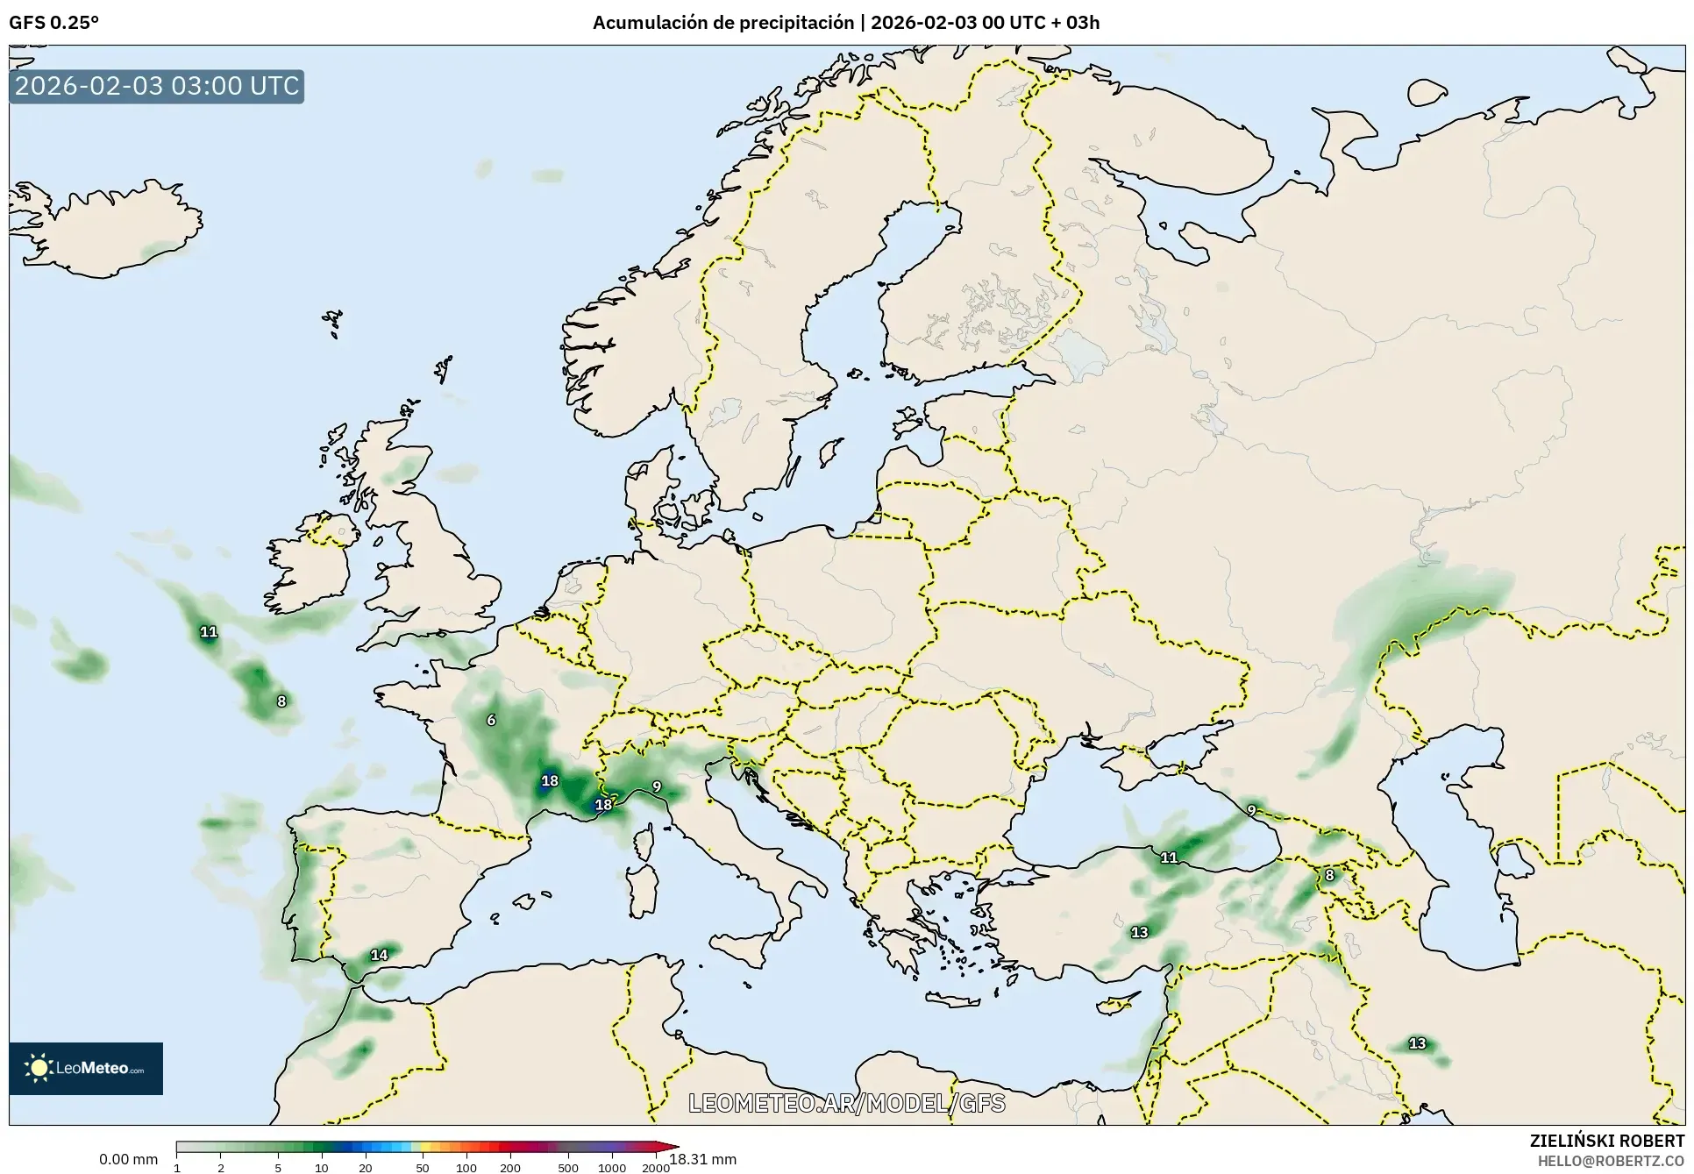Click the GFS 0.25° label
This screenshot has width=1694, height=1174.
click(53, 23)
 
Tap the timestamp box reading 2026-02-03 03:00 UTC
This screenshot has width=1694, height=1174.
click(157, 86)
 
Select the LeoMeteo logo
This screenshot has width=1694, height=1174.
click(86, 1068)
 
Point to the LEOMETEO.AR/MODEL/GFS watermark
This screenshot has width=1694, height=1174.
click(846, 1103)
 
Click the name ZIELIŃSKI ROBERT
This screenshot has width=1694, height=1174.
click(1606, 1141)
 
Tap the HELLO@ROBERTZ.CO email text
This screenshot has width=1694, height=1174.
click(1611, 1160)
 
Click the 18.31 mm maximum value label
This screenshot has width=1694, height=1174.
click(703, 1159)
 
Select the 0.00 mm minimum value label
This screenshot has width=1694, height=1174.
click(128, 1159)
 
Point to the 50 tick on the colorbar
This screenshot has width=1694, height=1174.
click(423, 1168)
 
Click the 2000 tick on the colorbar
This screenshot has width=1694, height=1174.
click(656, 1168)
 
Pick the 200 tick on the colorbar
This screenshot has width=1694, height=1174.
click(510, 1168)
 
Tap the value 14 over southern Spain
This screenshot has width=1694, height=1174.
click(379, 955)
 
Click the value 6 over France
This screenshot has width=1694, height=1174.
click(491, 720)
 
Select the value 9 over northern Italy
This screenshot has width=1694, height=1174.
click(657, 786)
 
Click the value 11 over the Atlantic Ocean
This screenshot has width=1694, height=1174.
click(208, 631)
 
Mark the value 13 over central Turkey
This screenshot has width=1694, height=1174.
click(1139, 932)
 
